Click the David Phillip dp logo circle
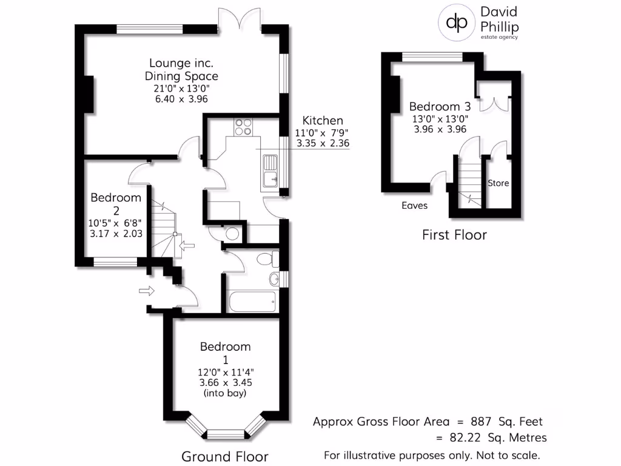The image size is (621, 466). tap(456, 22)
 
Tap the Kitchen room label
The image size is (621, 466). tap(323, 120)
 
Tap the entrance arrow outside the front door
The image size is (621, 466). tap(146, 291)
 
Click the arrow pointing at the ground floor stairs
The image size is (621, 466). tap(188, 246)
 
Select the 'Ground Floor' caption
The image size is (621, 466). tap(224, 456)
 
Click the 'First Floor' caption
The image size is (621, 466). tap(454, 235)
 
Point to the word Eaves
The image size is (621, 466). tap(414, 206)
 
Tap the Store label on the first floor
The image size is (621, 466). tap(498, 183)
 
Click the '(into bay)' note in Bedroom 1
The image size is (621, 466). tap(226, 393)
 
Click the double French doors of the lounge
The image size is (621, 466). tap(240, 19)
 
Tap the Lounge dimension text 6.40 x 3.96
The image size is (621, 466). tap(181, 99)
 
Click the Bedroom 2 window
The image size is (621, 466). tap(115, 262)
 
